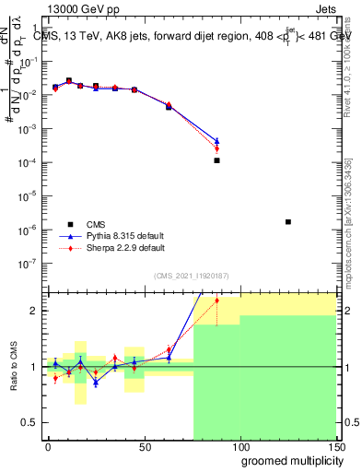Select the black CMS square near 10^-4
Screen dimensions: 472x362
pos(216,160)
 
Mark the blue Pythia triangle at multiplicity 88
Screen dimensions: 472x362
pos(216,141)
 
